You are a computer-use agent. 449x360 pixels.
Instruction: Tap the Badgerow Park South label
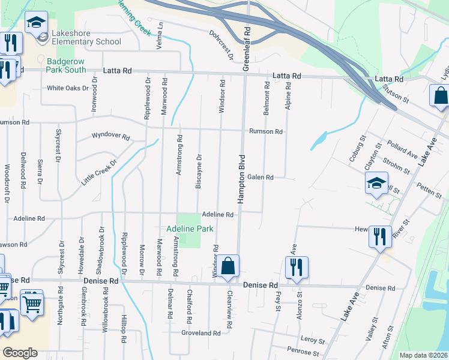(67, 65)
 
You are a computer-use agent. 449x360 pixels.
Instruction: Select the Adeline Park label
(190, 229)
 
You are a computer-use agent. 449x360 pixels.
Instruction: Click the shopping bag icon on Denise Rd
(228, 267)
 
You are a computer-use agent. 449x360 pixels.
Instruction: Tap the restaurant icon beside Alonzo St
(297, 268)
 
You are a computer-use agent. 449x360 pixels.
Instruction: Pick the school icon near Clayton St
(376, 184)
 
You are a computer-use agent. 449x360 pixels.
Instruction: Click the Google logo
(20, 353)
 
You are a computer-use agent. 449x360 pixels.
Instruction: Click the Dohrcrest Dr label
(221, 46)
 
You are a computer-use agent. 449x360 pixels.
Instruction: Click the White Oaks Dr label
(68, 88)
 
